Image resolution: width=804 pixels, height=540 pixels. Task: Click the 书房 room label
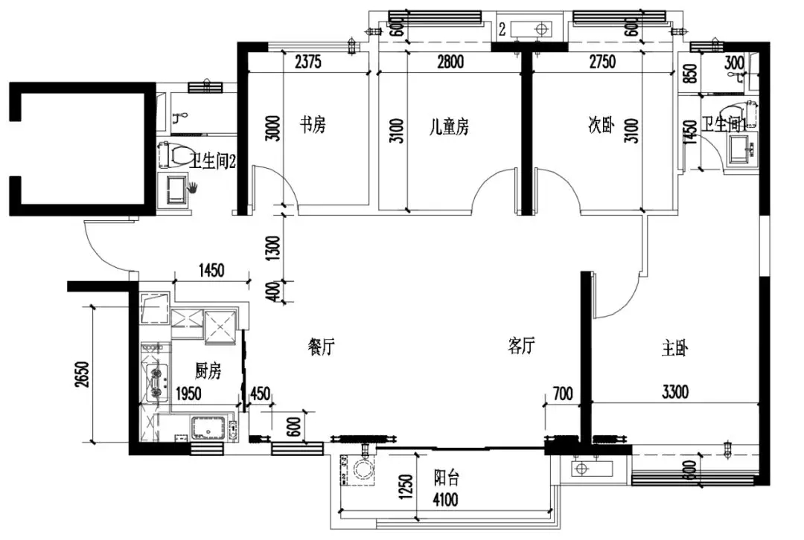pyautogui.click(x=313, y=124)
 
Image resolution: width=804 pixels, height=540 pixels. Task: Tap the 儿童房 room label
pyautogui.click(x=449, y=126)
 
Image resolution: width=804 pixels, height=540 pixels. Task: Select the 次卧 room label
pyautogui.click(x=601, y=124)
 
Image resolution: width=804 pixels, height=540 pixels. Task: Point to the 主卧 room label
pyautogui.click(x=674, y=348)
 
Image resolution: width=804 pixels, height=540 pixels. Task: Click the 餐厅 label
pyautogui.click(x=322, y=347)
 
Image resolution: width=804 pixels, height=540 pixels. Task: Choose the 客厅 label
pyautogui.click(x=521, y=346)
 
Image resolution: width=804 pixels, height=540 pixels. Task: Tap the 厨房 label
pyautogui.click(x=208, y=370)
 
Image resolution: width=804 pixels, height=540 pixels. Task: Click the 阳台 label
pyautogui.click(x=446, y=478)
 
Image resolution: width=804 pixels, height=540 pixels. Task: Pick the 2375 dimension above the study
pyautogui.click(x=308, y=62)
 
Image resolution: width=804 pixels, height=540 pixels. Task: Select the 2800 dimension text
pyautogui.click(x=450, y=62)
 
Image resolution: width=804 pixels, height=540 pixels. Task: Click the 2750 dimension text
pyautogui.click(x=602, y=62)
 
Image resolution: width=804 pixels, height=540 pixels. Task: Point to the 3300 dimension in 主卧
pyautogui.click(x=674, y=393)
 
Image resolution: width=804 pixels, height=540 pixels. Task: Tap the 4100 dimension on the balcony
pyautogui.click(x=445, y=500)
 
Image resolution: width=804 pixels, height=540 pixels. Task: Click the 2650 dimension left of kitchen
pyautogui.click(x=82, y=374)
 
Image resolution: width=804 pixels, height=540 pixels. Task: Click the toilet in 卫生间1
pyautogui.click(x=735, y=116)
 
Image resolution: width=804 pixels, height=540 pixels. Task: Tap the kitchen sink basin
pyautogui.click(x=208, y=428)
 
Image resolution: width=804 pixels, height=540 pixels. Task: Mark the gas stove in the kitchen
pyautogui.click(x=156, y=382)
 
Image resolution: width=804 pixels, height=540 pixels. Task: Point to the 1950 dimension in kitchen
pyautogui.click(x=188, y=393)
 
